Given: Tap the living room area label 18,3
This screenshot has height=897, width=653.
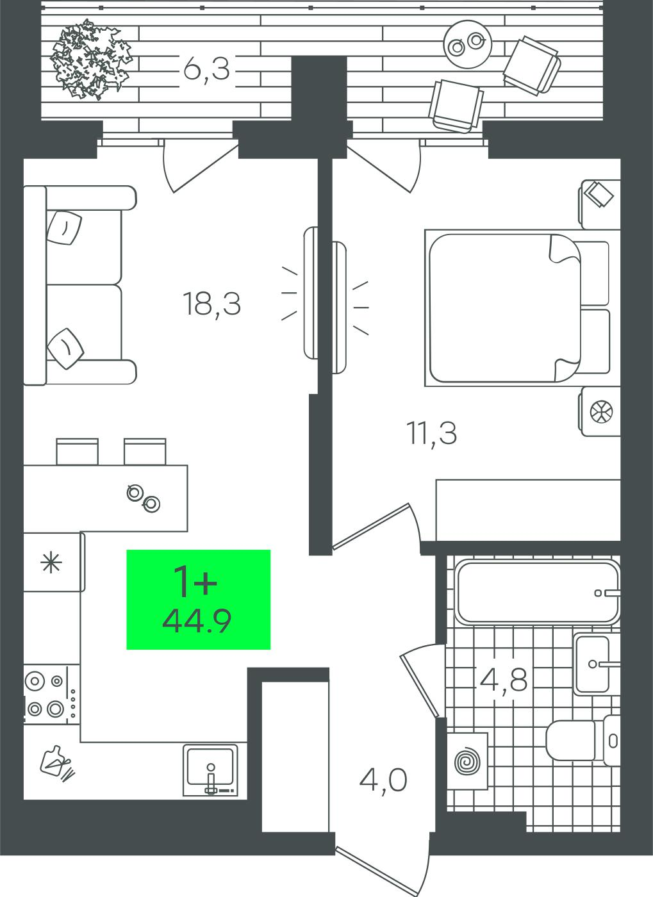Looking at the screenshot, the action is [212, 305].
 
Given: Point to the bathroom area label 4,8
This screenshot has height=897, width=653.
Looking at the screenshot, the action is [504, 680].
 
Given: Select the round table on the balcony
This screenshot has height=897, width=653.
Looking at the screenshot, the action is [468, 44].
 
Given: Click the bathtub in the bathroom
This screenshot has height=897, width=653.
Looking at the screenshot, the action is [538, 591].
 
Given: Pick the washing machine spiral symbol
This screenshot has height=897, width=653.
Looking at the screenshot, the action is [467, 761].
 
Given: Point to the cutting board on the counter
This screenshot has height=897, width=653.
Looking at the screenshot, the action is [57, 763].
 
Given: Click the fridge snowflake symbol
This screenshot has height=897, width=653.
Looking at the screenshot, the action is [51, 563].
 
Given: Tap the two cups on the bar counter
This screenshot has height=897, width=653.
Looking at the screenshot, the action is [144, 498].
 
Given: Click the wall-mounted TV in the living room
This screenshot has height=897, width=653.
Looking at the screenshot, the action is [311, 293].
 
